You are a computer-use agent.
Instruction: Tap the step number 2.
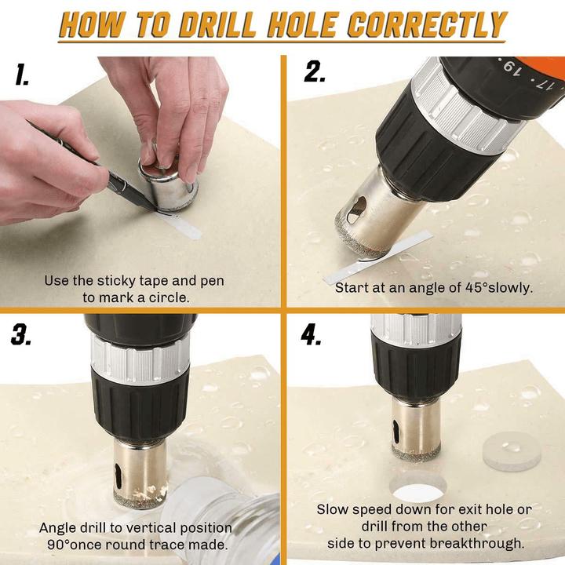pyautogui.click(x=315, y=71)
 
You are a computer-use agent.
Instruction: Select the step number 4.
pyautogui.click(x=312, y=334)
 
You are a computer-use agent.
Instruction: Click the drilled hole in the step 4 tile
pyautogui.click(x=417, y=490)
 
